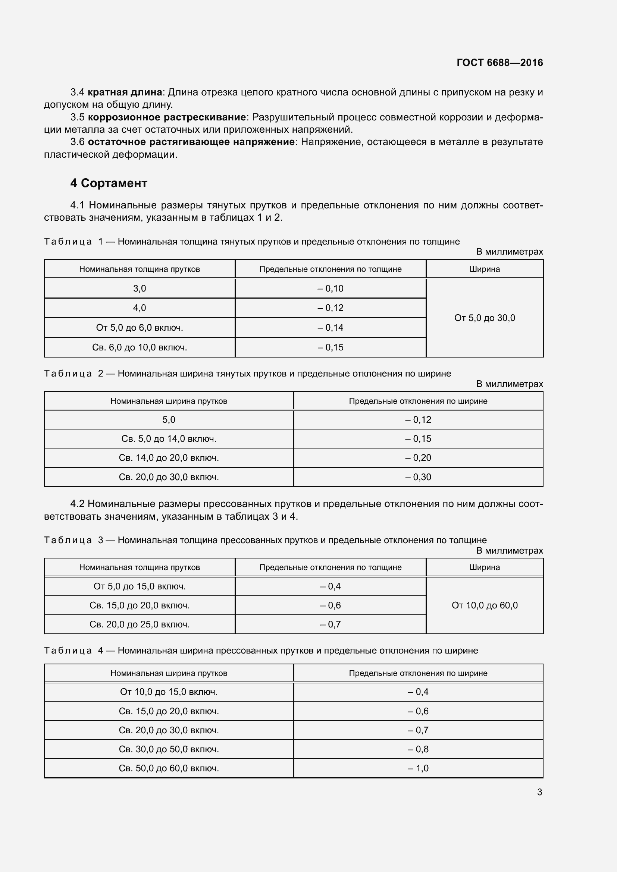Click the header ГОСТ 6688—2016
tap(499, 63)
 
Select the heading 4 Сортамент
tap(109, 183)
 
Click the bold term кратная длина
tap(125, 92)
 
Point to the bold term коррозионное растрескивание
tap(167, 117)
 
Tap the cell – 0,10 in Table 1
tap(330, 289)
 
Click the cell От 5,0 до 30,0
tap(485, 318)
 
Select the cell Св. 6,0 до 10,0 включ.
tap(140, 347)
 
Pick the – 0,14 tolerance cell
tap(330, 328)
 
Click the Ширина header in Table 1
tap(485, 269)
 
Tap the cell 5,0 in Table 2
tap(169, 420)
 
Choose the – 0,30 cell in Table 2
tap(418, 477)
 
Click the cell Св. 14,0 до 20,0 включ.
tap(169, 458)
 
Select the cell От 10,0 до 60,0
tap(485, 605)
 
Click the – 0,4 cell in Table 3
tap(330, 586)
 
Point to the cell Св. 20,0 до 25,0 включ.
tap(140, 624)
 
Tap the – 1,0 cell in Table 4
tap(418, 768)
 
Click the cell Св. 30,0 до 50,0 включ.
tap(169, 749)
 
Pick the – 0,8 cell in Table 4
tap(418, 749)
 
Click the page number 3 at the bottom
tap(539, 792)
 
